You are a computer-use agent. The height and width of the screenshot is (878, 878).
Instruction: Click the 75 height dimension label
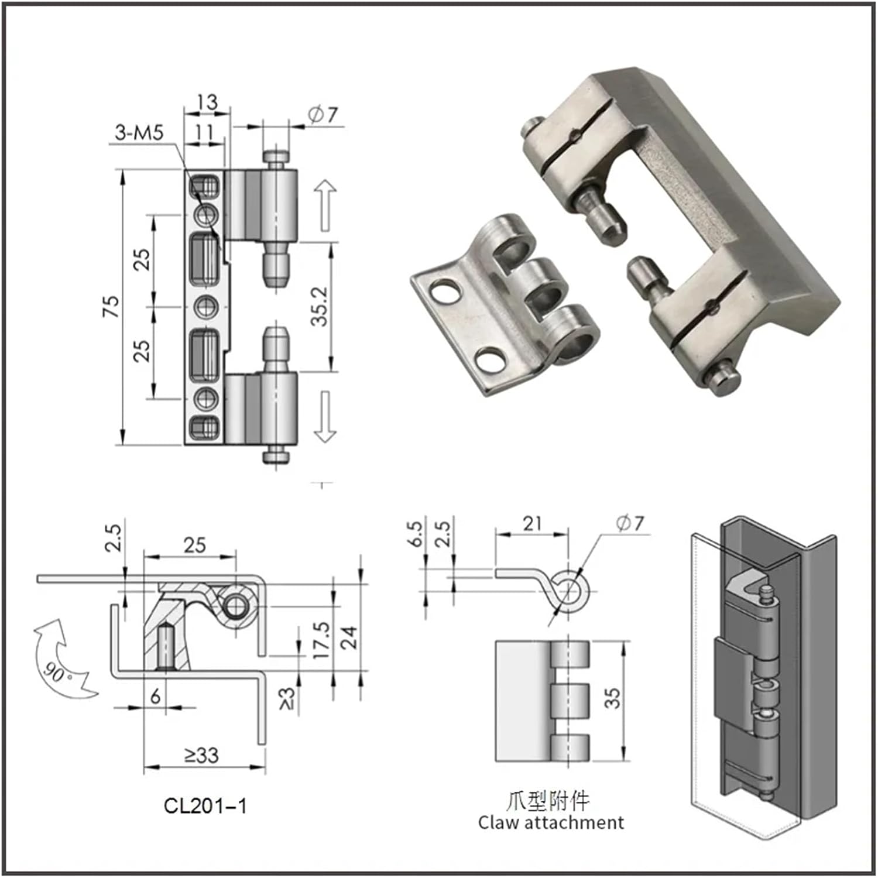[x=111, y=306]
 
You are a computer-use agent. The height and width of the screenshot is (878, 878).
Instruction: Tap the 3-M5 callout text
[x=139, y=133]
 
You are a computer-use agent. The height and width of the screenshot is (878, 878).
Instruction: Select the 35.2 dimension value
[x=320, y=306]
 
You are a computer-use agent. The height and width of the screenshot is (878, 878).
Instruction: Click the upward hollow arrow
[x=325, y=205]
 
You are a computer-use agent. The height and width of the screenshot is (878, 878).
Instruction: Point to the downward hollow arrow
[x=325, y=416]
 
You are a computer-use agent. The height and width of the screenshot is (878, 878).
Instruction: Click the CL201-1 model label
[x=205, y=806]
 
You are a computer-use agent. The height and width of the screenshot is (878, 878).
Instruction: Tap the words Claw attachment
[x=551, y=822]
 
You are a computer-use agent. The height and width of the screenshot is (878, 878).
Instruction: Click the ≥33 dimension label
[x=202, y=755]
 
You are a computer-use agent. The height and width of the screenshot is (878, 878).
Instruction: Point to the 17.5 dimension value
[x=321, y=640]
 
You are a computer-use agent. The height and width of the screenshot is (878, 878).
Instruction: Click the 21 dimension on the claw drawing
[x=531, y=523]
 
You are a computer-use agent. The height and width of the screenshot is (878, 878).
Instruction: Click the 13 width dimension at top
[x=207, y=102]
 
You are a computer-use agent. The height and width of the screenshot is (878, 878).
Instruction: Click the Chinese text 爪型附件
[x=548, y=800]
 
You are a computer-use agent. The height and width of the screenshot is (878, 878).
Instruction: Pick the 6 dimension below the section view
[x=155, y=696]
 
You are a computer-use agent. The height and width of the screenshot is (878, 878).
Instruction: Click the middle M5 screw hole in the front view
[x=205, y=306]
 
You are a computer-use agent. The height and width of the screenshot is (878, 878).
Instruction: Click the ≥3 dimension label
[x=287, y=698]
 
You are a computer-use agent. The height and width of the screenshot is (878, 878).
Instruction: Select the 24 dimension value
[x=349, y=637]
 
